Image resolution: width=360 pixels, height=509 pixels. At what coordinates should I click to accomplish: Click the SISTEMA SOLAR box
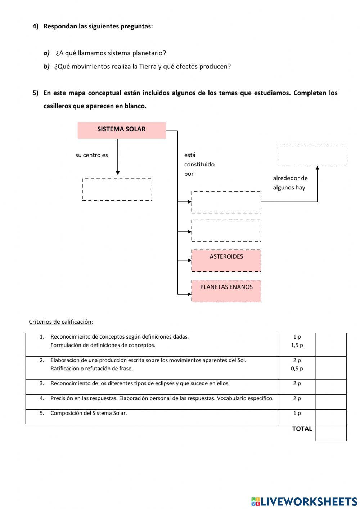[x=122, y=130]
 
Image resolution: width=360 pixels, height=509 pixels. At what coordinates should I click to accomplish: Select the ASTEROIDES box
[x=226, y=260]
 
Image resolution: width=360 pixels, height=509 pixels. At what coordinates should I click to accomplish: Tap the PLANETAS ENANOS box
[x=226, y=291]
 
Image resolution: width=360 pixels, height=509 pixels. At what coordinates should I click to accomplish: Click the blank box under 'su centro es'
[x=117, y=189]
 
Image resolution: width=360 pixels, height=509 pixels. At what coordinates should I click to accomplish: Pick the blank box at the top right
[x=313, y=155]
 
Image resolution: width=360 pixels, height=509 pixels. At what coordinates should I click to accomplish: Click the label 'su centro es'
[x=91, y=155]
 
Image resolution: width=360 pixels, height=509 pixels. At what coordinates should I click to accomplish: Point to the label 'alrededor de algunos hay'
[x=290, y=183]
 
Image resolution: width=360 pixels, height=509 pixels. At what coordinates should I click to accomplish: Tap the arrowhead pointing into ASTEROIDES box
[x=190, y=260]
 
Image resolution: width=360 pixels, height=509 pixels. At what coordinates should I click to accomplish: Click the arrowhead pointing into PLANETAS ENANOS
[x=190, y=294]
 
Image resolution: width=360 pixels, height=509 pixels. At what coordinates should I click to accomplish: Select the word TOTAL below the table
[x=302, y=429]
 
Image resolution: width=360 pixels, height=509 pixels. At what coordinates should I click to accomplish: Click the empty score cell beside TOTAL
[x=330, y=432]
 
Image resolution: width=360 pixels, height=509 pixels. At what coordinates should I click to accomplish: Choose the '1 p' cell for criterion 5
[x=297, y=413]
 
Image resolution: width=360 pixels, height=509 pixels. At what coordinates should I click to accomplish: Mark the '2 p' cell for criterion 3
[x=297, y=383]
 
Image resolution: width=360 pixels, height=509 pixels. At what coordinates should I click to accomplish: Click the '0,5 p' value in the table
[x=297, y=369]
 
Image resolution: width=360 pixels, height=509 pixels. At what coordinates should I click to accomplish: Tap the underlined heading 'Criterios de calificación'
[x=61, y=322]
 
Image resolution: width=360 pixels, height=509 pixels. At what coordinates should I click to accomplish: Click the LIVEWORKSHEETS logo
[x=304, y=501]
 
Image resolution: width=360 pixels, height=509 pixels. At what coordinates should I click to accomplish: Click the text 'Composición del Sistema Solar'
[x=89, y=413]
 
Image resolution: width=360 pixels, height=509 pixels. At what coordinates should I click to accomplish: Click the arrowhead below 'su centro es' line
[x=118, y=173]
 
